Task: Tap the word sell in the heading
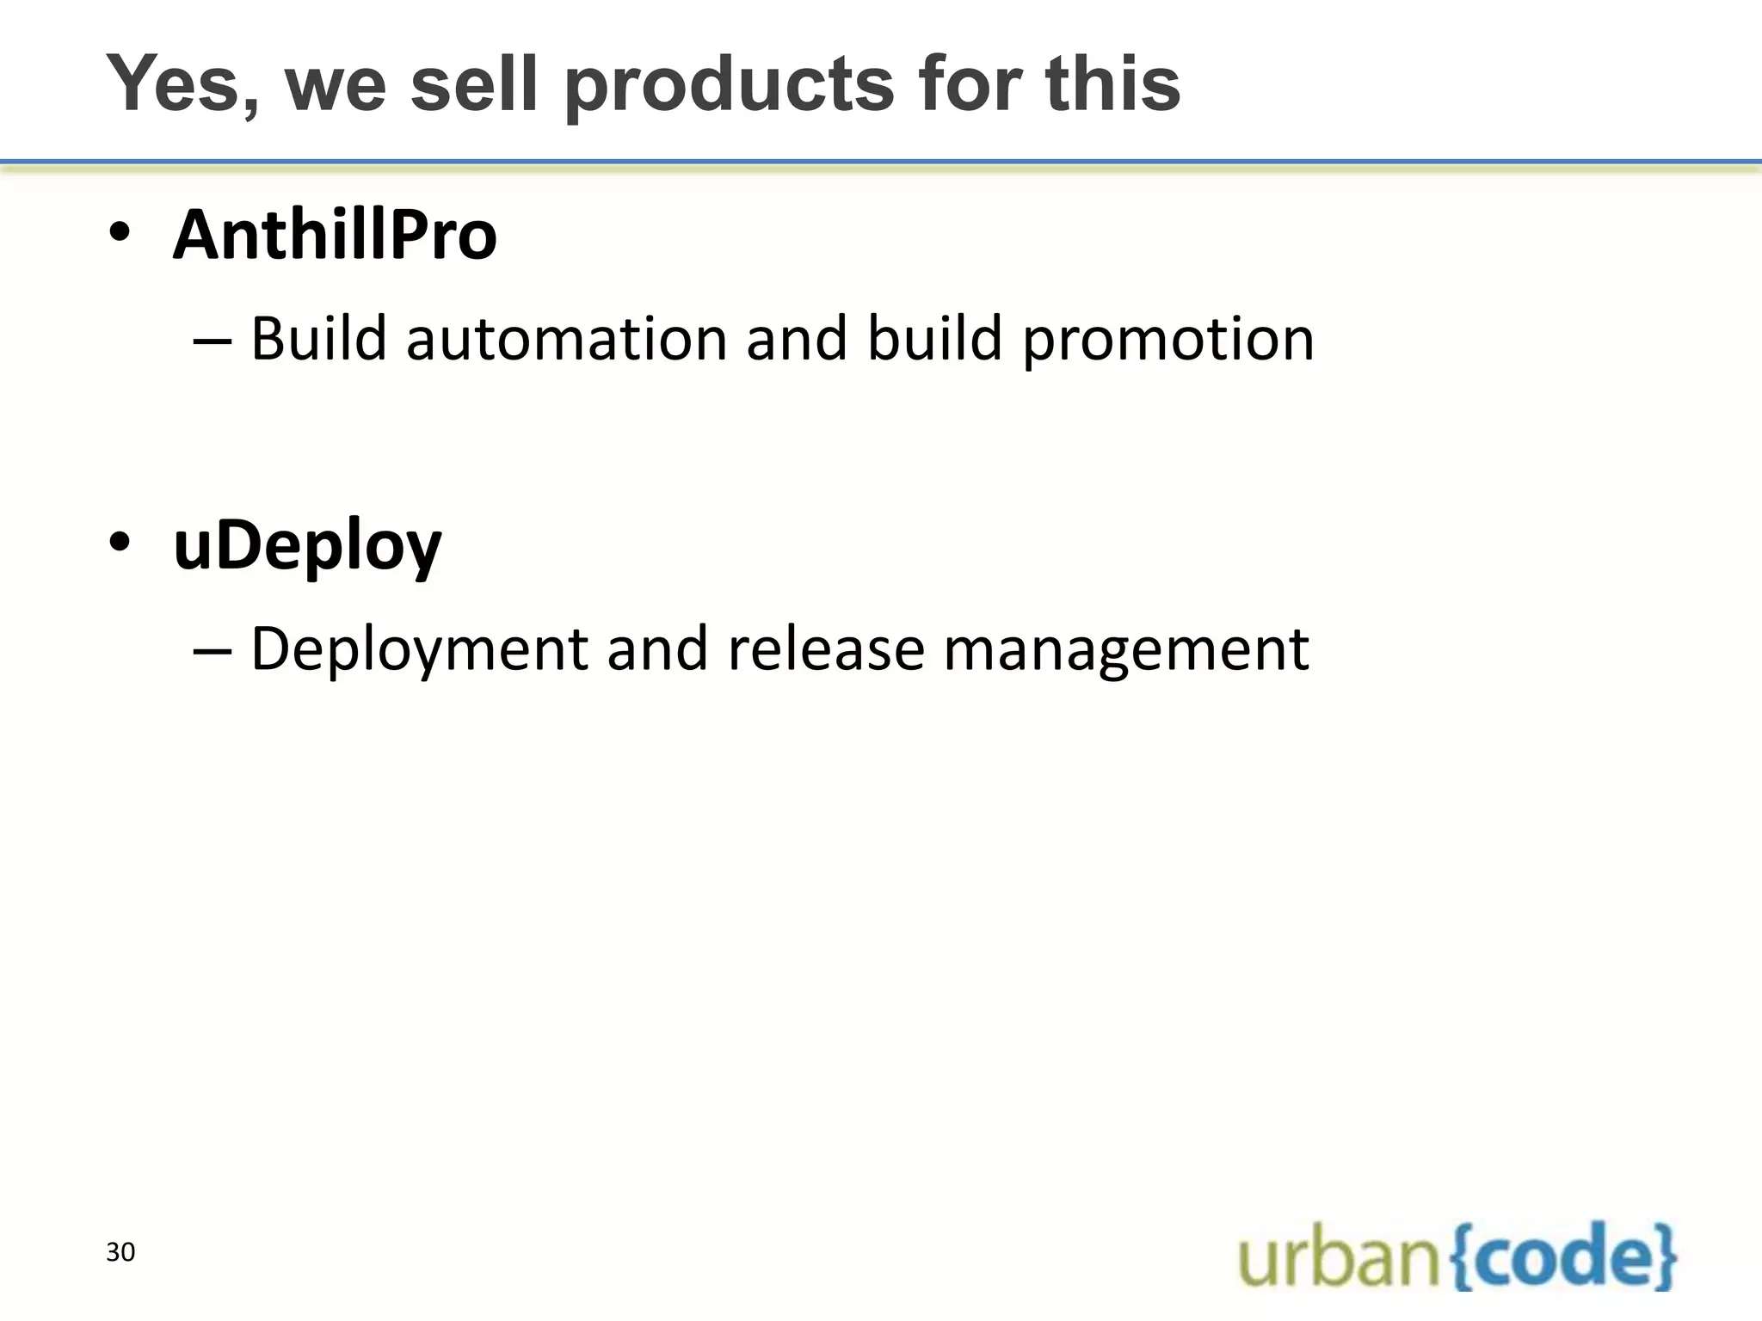tap(474, 83)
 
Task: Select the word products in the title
tap(730, 85)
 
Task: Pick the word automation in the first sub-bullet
tap(568, 338)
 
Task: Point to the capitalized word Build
tap(319, 338)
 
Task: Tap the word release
tap(825, 648)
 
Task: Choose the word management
tap(1126, 649)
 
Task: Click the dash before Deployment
tap(213, 649)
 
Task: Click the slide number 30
tap(120, 1252)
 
